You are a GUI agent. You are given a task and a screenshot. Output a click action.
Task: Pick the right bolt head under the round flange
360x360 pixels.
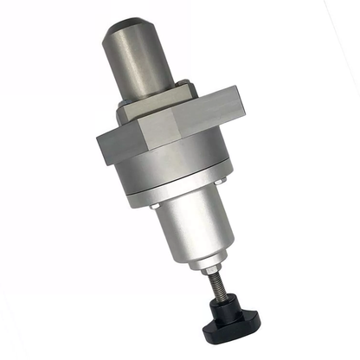[223, 180]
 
